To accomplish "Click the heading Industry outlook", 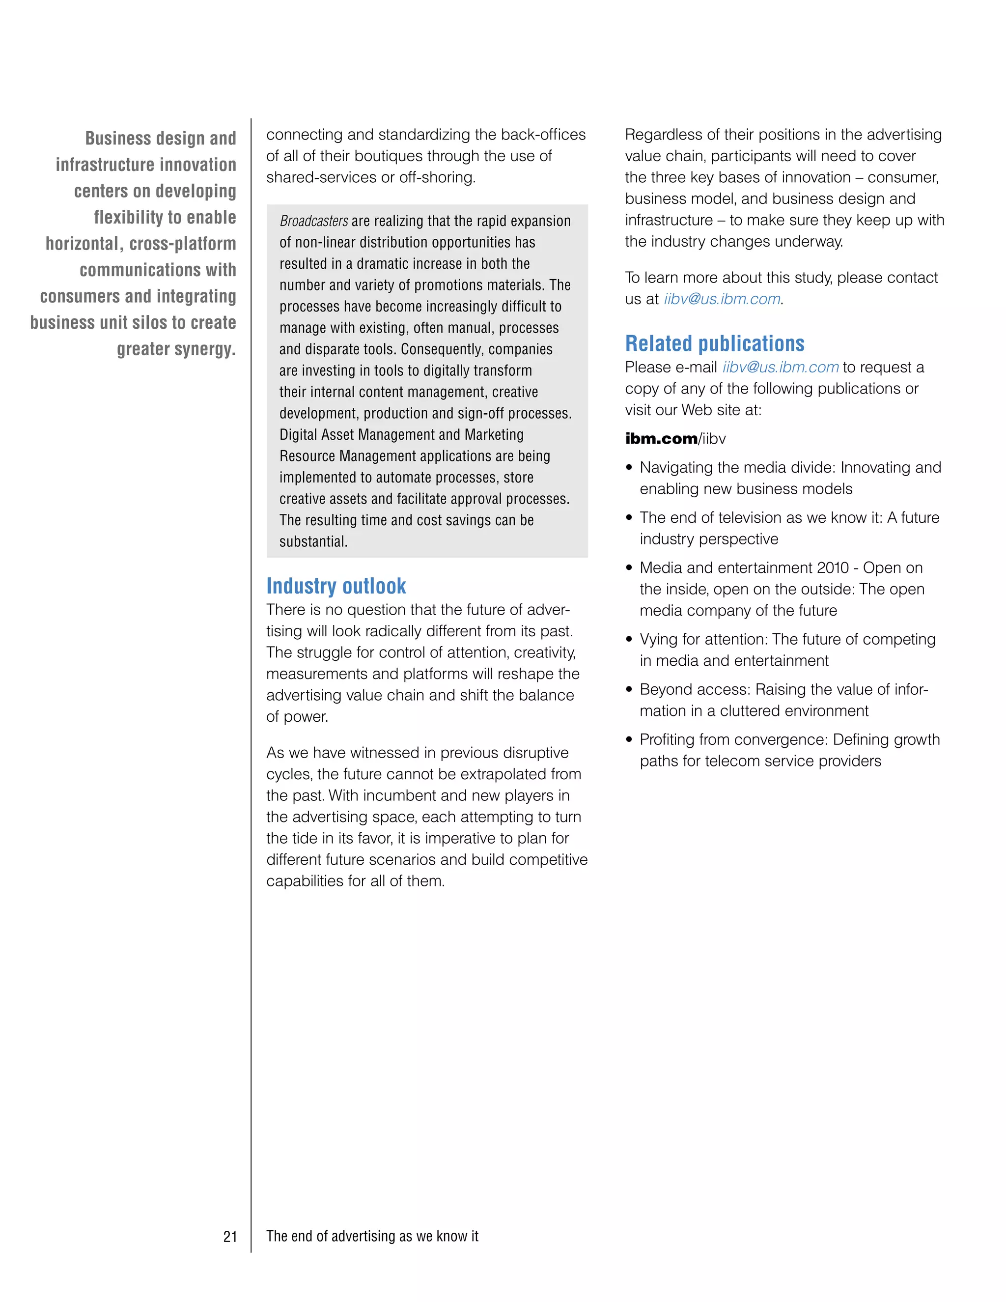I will tap(336, 586).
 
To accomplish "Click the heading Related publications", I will tap(715, 344).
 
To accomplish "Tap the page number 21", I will tap(230, 1237).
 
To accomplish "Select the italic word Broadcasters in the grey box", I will tap(313, 221).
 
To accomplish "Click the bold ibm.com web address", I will tap(661, 439).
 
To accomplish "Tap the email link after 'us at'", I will tap(722, 299).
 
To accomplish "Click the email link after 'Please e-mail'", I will tap(780, 367).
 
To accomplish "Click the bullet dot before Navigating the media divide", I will tap(629, 468).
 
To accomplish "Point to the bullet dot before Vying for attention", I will tap(629, 640).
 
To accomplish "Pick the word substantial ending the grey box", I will tap(312, 542).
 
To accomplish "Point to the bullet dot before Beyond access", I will tap(629, 690).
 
